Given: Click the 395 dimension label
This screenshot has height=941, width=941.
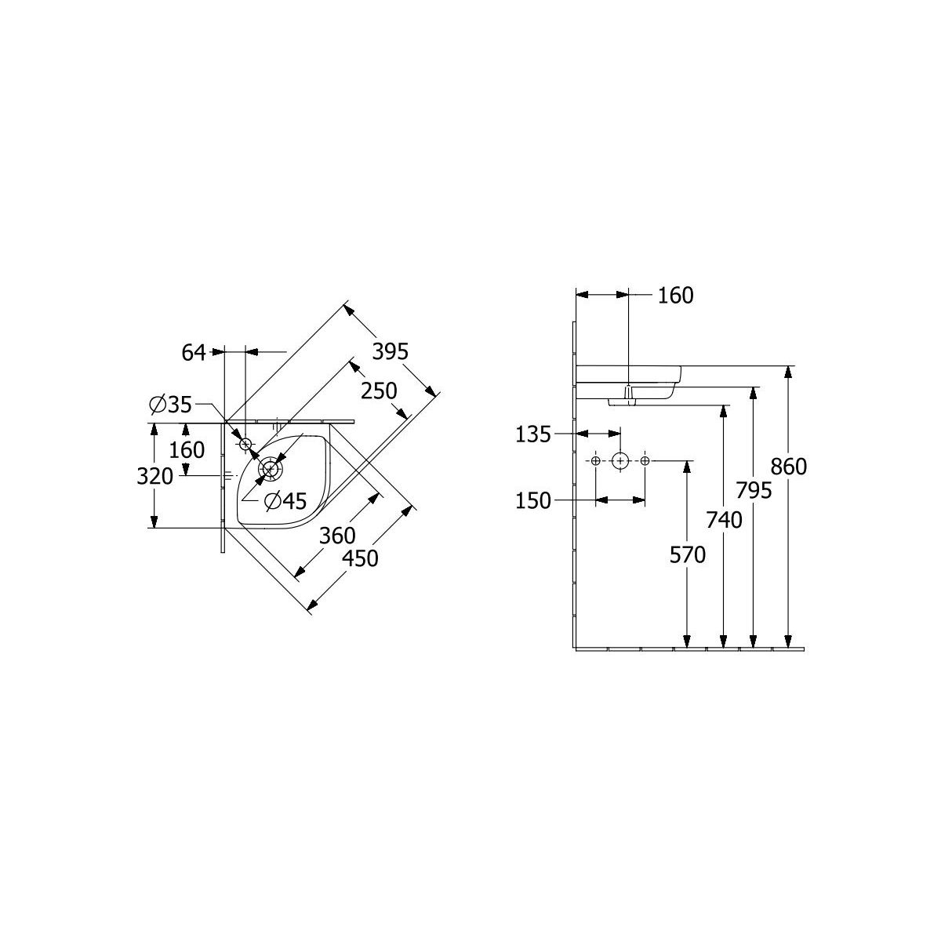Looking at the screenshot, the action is pyautogui.click(x=390, y=351).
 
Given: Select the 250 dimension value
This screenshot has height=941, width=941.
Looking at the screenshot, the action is pyautogui.click(x=379, y=391).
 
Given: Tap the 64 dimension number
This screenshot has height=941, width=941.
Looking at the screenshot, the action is pyautogui.click(x=194, y=353).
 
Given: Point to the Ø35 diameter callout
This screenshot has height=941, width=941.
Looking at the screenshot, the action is pyautogui.click(x=170, y=405).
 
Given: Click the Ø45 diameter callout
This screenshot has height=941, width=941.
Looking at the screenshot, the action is pyautogui.click(x=285, y=500).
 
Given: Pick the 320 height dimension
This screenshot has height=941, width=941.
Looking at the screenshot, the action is pyautogui.click(x=154, y=476).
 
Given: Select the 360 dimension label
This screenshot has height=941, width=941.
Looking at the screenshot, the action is pyautogui.click(x=337, y=536).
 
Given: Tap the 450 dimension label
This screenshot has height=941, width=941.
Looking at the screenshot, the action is pyautogui.click(x=361, y=558).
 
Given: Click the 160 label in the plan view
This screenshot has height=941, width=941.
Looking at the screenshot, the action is pyautogui.click(x=187, y=450).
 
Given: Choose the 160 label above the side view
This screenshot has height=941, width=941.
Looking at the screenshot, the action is pyautogui.click(x=676, y=296).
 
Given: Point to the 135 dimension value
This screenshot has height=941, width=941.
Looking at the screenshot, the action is pyautogui.click(x=533, y=434).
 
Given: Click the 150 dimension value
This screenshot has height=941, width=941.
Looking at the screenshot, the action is pyautogui.click(x=533, y=501).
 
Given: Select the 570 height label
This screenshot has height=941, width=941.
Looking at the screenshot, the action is pyautogui.click(x=688, y=555).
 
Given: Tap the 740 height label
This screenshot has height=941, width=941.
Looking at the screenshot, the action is pyautogui.click(x=725, y=520).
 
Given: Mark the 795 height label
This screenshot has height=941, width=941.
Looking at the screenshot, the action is pyautogui.click(x=754, y=491).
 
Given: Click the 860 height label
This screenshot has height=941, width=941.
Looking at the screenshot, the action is pyautogui.click(x=789, y=467).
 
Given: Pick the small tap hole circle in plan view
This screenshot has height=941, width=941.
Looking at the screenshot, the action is pyautogui.click(x=245, y=444).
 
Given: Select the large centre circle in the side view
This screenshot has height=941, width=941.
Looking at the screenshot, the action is pyautogui.click(x=620, y=461).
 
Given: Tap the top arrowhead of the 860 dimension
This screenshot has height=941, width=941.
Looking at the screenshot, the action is pyautogui.click(x=787, y=372).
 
